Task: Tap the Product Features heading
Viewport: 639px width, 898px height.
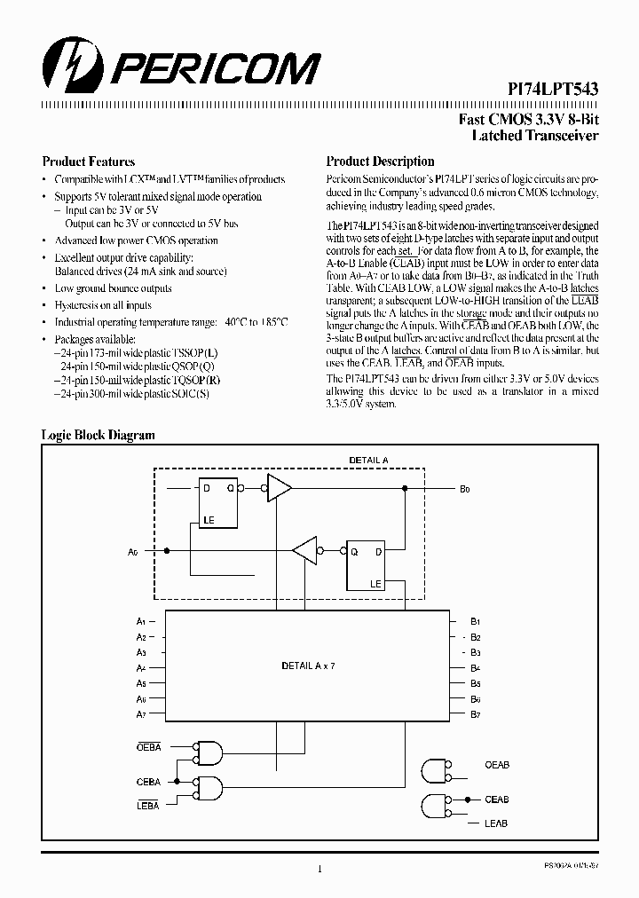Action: pos(89,161)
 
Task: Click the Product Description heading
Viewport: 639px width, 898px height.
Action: pos(380,161)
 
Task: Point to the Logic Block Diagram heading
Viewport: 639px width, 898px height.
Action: pos(99,435)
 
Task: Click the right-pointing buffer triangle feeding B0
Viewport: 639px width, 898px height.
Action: pos(280,487)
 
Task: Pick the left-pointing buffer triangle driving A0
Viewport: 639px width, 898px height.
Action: pos(305,550)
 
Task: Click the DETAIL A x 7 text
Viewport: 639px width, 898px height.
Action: pos(308,665)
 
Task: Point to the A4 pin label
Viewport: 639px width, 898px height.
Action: pos(141,667)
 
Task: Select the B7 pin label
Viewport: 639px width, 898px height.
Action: pos(475,714)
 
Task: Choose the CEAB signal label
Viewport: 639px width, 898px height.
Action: pos(496,800)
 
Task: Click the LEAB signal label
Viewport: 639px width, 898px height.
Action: pos(496,823)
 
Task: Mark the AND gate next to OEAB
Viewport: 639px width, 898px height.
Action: pos(436,770)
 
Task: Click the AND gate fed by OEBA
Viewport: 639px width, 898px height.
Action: pos(209,752)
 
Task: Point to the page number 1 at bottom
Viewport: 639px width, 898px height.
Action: pos(319,869)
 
